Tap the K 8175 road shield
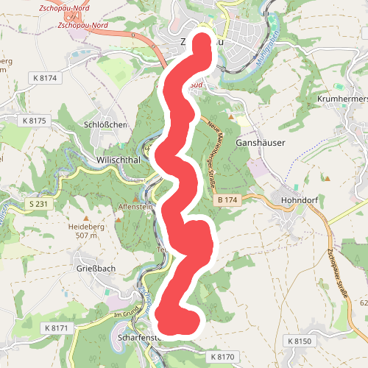click(x=34, y=120)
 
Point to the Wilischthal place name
click(x=118, y=158)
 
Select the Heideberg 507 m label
click(x=82, y=231)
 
